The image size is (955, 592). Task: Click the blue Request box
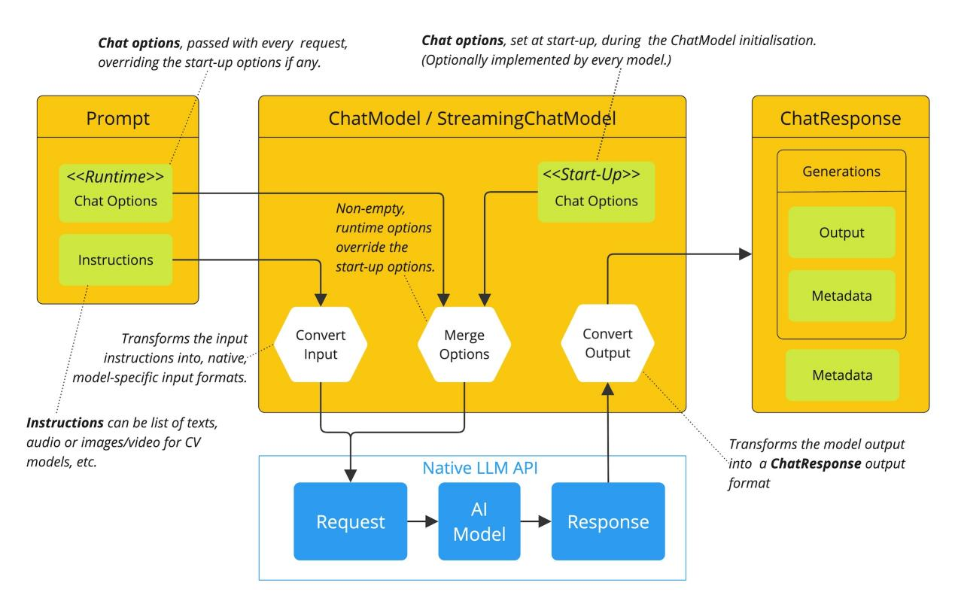point(350,521)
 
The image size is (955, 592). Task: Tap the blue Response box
point(608,521)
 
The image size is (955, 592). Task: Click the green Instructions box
point(115,260)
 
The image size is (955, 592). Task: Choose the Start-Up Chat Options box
point(596,191)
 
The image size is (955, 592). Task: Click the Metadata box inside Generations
point(841,296)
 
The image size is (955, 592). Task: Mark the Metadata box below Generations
point(841,375)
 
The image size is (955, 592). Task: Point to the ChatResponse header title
point(841,117)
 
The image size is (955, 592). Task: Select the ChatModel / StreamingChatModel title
point(472,117)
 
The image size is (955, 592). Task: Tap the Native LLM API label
point(472,467)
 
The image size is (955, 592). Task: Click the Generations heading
point(841,172)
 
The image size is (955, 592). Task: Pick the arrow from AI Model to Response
point(536,521)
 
